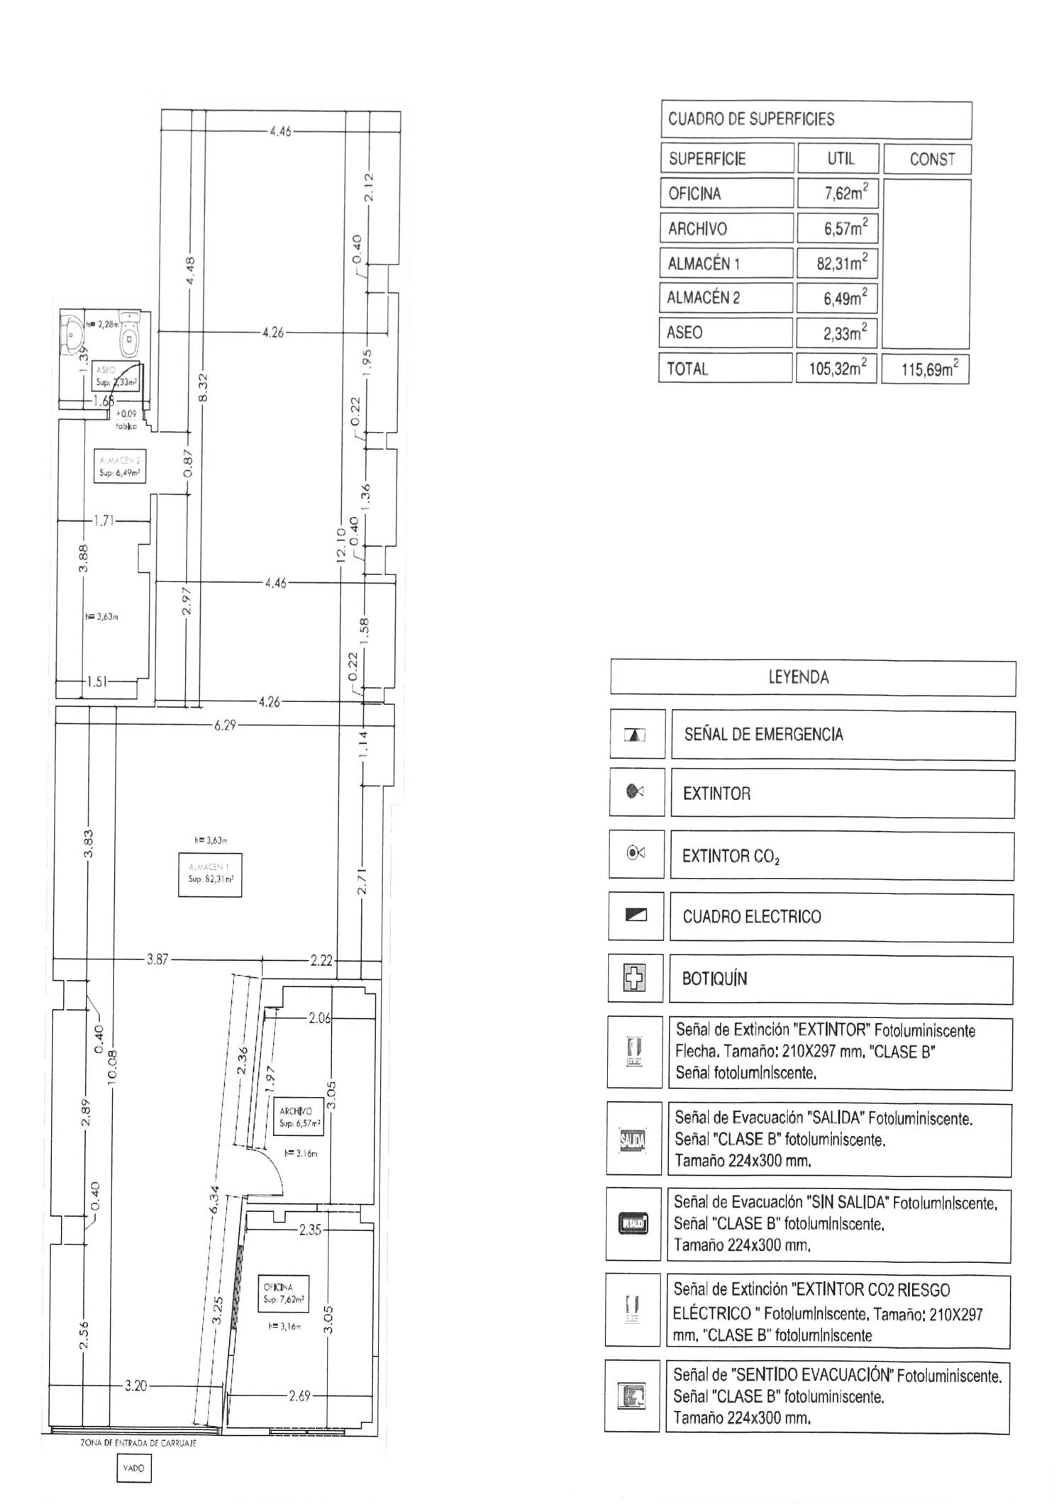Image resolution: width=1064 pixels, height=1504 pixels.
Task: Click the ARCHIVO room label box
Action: (x=299, y=1118)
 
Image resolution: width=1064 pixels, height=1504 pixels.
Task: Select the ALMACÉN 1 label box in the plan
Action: (x=210, y=875)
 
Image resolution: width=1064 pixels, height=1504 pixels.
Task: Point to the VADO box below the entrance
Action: (x=133, y=1468)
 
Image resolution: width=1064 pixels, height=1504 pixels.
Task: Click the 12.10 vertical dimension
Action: (x=341, y=546)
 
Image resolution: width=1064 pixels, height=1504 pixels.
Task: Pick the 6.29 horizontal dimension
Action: (x=225, y=725)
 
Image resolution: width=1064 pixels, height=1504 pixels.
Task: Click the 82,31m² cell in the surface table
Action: (x=838, y=263)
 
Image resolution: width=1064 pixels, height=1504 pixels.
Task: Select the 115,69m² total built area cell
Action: (x=925, y=369)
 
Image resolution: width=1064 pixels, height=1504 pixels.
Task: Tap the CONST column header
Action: (x=927, y=159)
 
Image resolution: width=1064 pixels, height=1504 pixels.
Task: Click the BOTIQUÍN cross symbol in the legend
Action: (x=635, y=979)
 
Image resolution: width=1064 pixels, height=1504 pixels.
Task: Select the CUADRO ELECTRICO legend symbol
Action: (x=636, y=915)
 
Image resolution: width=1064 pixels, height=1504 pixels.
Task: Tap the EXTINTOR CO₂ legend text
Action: (x=731, y=856)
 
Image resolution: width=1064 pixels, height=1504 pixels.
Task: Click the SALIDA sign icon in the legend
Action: (x=633, y=1140)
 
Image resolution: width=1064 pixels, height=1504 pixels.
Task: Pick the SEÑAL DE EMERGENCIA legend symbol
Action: (x=636, y=735)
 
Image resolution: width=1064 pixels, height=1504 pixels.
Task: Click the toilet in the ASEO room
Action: (x=129, y=334)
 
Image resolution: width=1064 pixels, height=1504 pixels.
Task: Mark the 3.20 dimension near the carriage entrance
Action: (x=135, y=1386)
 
